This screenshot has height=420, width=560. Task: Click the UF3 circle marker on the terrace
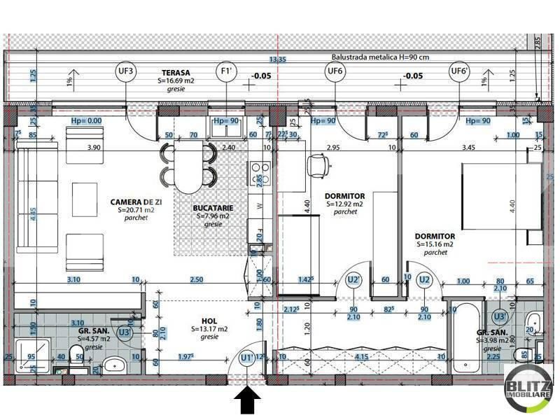click(x=126, y=71)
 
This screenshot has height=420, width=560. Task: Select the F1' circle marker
click(x=226, y=71)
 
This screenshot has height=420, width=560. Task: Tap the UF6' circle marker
click(x=459, y=71)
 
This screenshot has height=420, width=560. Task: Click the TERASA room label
click(x=177, y=72)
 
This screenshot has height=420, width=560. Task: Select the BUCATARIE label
click(x=213, y=209)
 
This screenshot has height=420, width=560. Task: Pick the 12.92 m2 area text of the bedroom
click(x=344, y=204)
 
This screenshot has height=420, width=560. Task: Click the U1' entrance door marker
click(x=246, y=358)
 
